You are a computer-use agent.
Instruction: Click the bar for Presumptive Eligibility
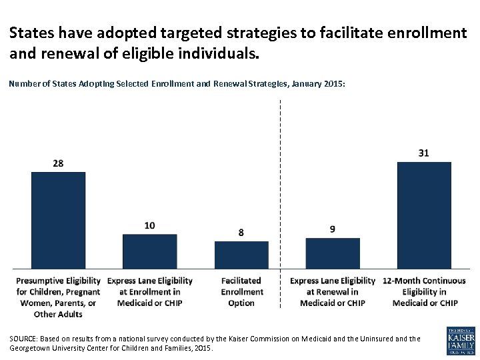(x=58, y=219)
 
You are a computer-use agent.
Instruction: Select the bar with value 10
(x=149, y=250)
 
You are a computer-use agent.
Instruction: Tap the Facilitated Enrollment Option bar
(x=241, y=253)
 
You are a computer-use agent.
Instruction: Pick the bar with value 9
(x=332, y=252)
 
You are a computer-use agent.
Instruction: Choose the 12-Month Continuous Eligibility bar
(x=423, y=214)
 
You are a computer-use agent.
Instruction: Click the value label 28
(x=58, y=163)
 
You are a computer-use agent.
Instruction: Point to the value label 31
(x=423, y=153)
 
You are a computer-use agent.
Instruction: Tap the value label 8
(x=241, y=233)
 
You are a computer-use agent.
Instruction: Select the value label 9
(x=332, y=229)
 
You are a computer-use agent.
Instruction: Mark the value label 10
(x=149, y=225)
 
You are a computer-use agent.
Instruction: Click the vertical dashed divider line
(x=281, y=200)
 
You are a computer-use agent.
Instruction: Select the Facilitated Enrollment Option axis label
(x=241, y=291)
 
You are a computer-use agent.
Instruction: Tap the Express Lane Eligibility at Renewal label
(x=332, y=291)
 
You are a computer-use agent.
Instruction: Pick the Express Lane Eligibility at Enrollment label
(x=149, y=291)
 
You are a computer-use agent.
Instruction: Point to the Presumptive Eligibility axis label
(x=58, y=297)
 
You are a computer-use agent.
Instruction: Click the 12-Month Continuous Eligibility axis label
(x=424, y=291)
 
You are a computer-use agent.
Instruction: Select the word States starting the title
(x=31, y=32)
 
